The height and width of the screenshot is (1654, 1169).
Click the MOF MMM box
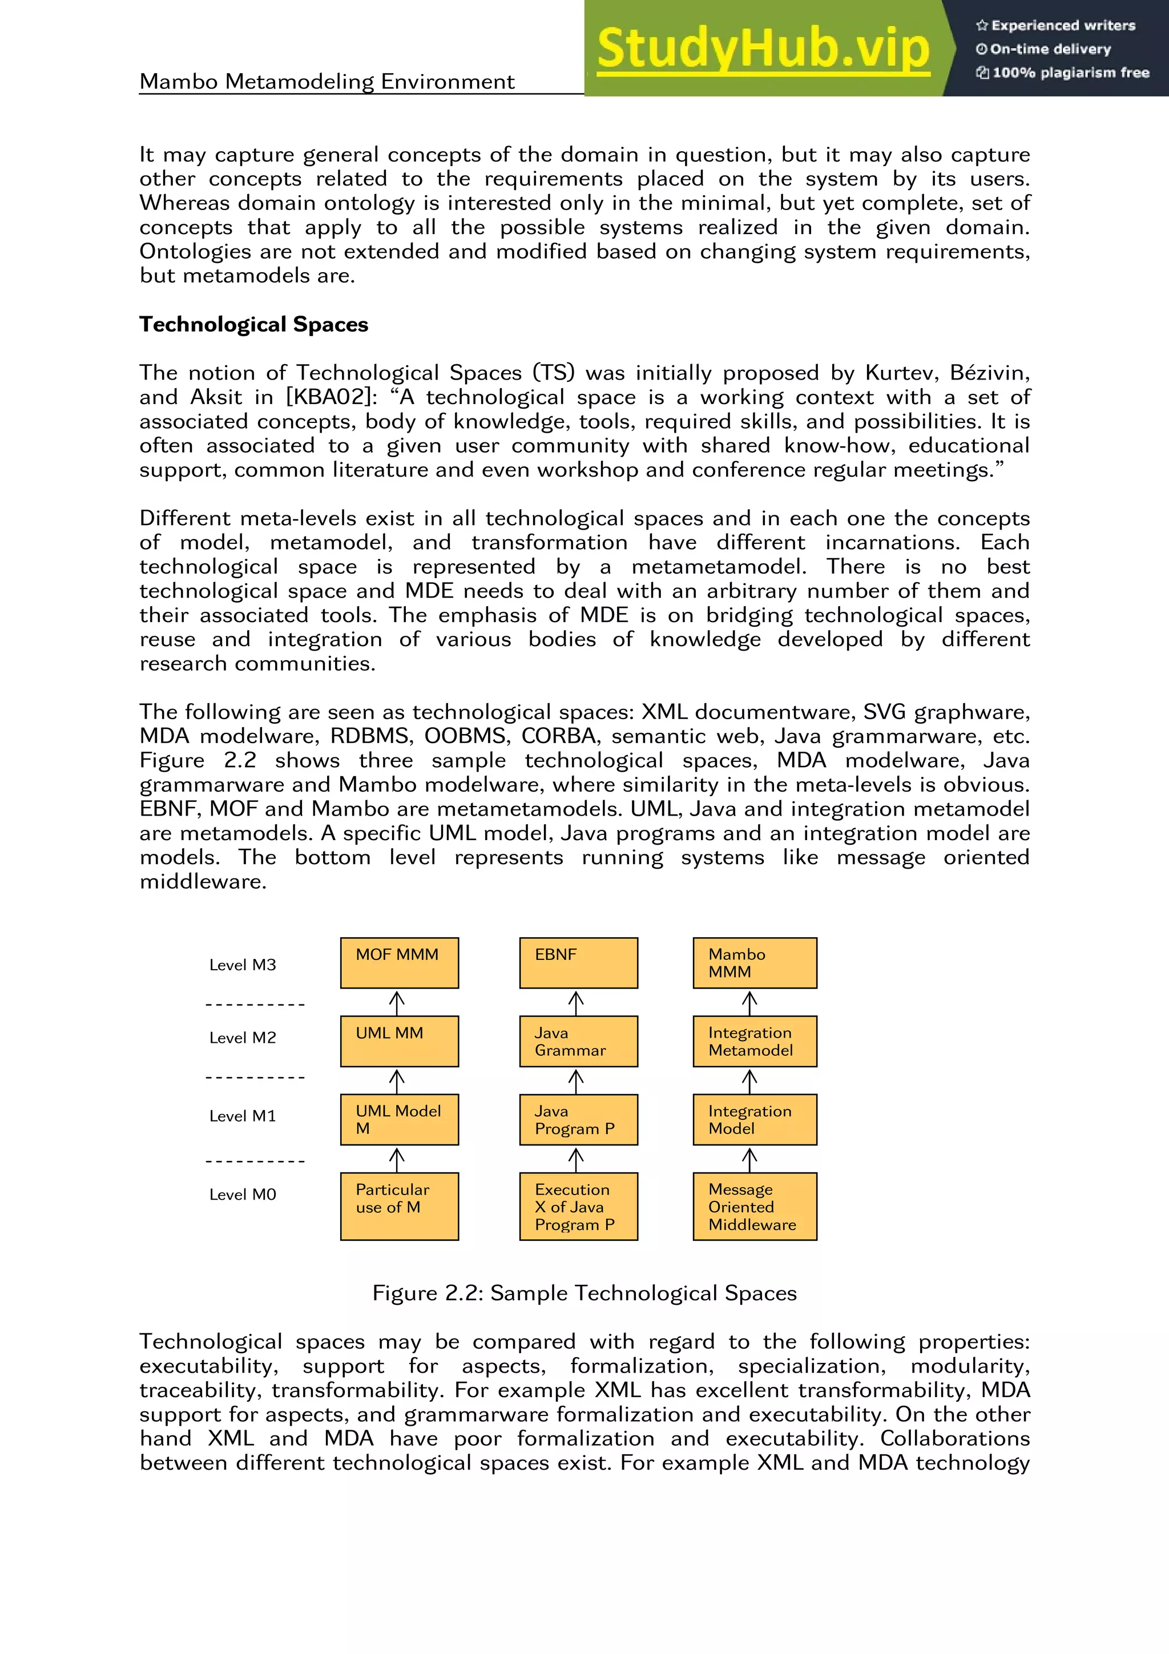click(399, 962)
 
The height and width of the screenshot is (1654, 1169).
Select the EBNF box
click(578, 962)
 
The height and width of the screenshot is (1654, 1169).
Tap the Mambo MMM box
click(754, 962)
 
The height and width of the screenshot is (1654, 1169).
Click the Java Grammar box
click(578, 1041)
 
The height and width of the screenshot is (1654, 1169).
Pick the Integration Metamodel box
click(754, 1041)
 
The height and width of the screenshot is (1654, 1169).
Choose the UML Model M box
click(399, 1119)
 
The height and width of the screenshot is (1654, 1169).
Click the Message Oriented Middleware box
click(754, 1207)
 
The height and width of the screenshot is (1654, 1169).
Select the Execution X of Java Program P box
click(578, 1207)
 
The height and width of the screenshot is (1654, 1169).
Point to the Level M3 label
click(243, 965)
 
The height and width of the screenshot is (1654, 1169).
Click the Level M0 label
click(243, 1195)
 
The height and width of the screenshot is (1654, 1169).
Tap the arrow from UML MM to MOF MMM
click(397, 1002)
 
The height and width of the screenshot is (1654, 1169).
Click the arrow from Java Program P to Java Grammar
click(575, 1080)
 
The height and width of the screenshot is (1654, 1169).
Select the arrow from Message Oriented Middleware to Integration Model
click(749, 1159)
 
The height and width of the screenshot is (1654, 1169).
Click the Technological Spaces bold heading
click(253, 324)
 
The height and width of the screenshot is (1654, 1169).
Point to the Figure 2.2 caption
click(584, 1293)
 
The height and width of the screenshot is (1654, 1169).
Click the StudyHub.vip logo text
click(763, 49)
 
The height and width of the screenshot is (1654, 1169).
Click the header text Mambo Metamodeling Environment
click(327, 82)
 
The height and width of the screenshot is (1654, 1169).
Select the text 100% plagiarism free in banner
click(1070, 72)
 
